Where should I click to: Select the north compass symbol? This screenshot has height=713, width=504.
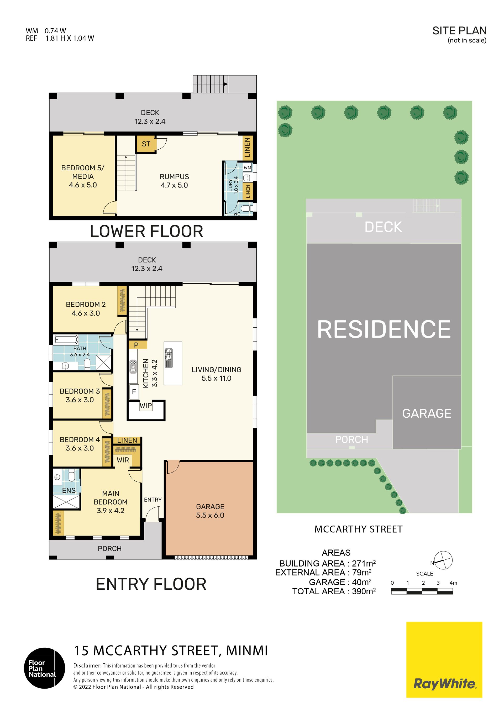(443, 560)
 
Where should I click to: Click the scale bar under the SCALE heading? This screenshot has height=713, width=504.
(422, 591)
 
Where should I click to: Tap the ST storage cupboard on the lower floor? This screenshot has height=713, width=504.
(146, 144)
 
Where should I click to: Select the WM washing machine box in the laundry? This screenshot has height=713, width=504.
(248, 168)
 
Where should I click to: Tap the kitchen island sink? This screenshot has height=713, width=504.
(169, 358)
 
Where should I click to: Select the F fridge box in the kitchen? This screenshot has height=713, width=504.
(134, 392)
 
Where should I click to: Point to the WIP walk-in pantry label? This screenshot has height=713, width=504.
(146, 406)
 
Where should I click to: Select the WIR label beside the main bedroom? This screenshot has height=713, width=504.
(123, 460)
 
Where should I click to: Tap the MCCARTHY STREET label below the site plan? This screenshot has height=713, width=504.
(358, 529)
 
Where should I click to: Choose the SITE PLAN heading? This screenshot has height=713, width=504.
(459, 30)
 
